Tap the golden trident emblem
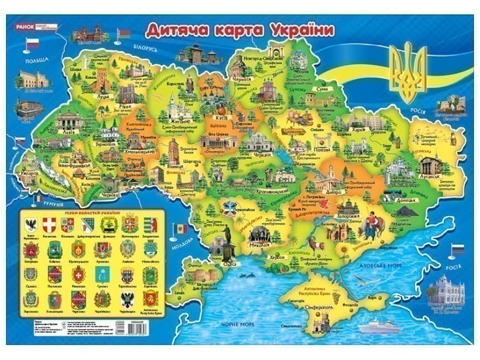[409, 71]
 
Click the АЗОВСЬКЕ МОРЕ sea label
[378, 266]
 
